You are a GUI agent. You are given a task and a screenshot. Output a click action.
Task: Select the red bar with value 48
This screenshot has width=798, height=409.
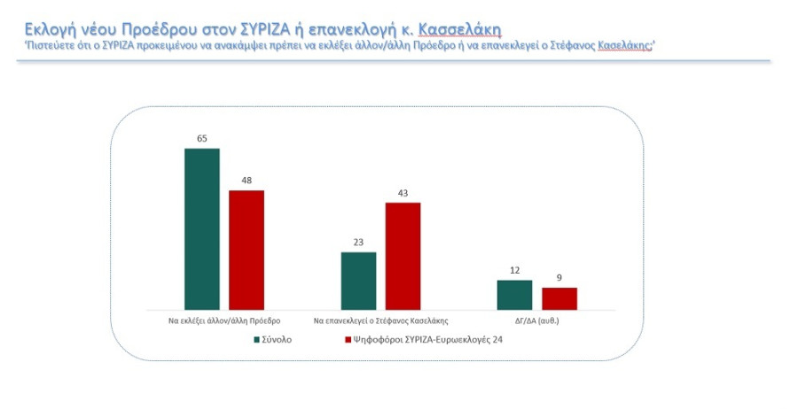coord(246,250)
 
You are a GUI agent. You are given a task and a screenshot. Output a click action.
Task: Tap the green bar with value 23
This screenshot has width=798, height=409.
coord(358,281)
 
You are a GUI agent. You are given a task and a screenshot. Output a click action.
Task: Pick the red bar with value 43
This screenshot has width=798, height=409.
coord(403,256)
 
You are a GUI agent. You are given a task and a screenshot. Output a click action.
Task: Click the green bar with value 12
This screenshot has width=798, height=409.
coord(514,295)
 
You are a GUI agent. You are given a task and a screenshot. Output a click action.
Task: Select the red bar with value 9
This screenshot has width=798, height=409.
coord(559,298)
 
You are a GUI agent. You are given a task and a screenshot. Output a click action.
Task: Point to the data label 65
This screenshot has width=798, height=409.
coord(201,139)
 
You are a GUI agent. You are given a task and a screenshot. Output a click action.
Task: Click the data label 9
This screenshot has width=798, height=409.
coord(559,279)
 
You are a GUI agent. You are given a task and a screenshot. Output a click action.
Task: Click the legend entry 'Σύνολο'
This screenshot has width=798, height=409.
coord(276,339)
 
